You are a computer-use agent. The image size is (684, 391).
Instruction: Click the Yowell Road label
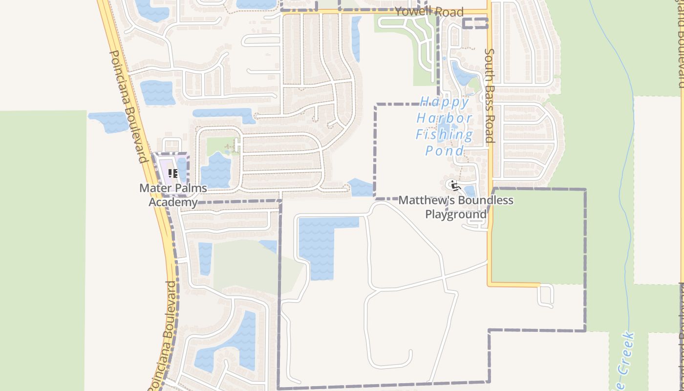click(x=428, y=12)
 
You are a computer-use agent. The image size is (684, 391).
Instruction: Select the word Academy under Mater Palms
click(x=173, y=202)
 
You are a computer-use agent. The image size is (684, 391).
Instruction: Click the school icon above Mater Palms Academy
click(x=172, y=174)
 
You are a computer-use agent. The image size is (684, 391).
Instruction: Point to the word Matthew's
click(x=423, y=200)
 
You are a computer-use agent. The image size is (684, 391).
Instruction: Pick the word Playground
click(x=456, y=214)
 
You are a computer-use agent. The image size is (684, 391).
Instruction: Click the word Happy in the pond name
click(x=444, y=102)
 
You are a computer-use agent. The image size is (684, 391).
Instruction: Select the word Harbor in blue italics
click(x=444, y=118)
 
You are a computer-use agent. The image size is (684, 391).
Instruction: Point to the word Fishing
click(x=444, y=134)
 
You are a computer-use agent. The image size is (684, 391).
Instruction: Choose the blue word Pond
click(x=444, y=150)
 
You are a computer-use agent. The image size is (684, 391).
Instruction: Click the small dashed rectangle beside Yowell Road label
click(x=475, y=23)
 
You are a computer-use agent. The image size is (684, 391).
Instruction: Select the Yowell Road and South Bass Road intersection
click(x=489, y=12)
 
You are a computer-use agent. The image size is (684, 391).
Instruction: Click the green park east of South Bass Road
click(x=537, y=235)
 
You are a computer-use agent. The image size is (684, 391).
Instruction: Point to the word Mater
click(x=155, y=188)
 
